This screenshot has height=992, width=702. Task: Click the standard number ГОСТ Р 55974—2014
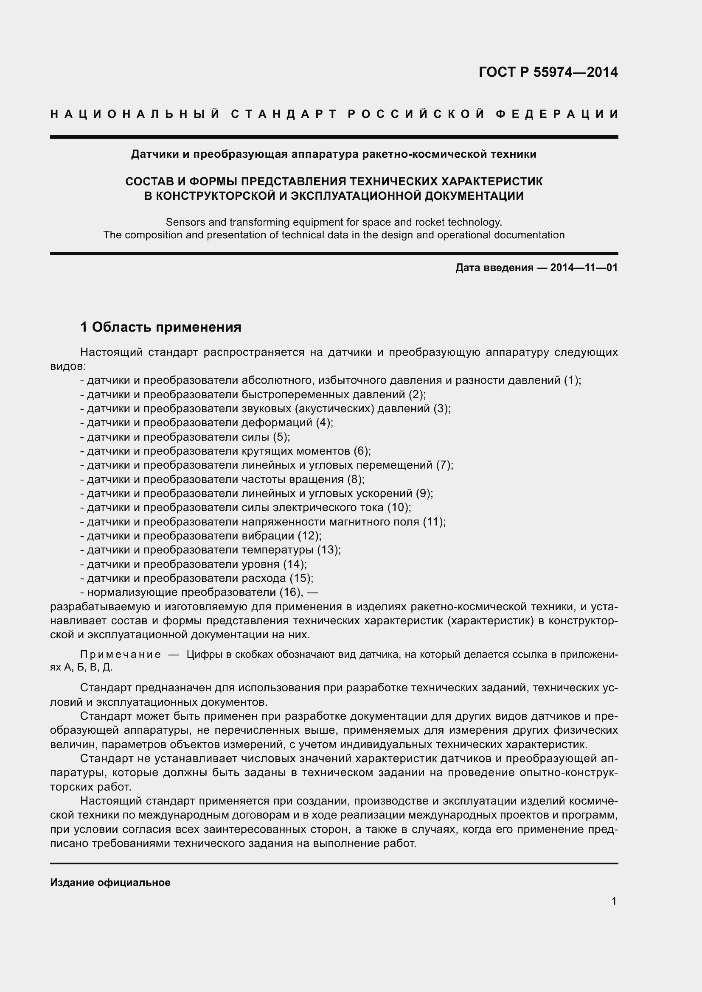(x=548, y=72)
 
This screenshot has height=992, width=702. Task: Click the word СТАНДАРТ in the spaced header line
(x=284, y=114)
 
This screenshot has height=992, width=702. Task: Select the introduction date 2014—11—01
(x=584, y=268)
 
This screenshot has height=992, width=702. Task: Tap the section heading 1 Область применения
(x=161, y=327)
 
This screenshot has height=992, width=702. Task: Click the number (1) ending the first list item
(x=571, y=380)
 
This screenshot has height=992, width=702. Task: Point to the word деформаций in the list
(x=277, y=422)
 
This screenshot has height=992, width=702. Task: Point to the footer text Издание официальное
(x=110, y=883)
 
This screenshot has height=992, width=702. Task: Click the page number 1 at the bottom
(x=614, y=901)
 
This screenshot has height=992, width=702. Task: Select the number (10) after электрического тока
(x=397, y=507)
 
